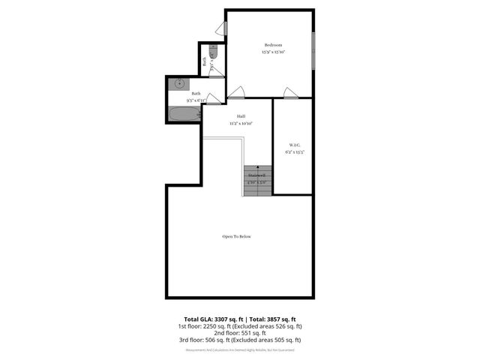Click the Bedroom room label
click(273, 45)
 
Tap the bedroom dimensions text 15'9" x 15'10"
click(273, 52)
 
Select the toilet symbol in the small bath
click(213, 53)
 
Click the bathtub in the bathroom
click(184, 115)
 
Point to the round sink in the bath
click(180, 83)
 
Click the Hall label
click(241, 116)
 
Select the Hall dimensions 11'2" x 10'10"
click(241, 123)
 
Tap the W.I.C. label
click(294, 145)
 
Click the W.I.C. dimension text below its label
click(294, 152)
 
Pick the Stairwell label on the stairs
click(257, 175)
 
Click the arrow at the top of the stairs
click(257, 168)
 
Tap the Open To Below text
click(236, 236)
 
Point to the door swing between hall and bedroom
click(235, 93)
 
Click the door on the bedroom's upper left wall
click(222, 28)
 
